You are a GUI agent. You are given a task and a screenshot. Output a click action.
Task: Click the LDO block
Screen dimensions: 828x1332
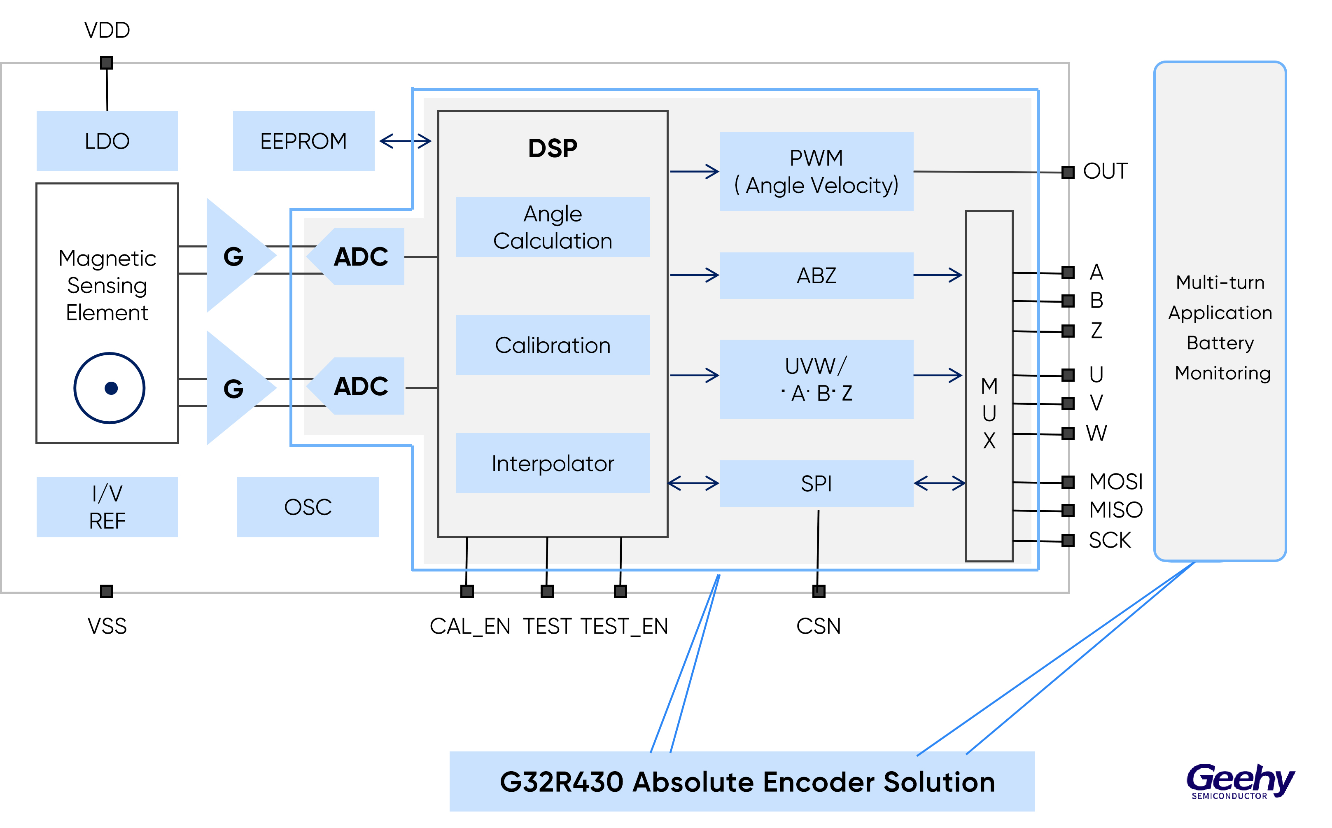click(x=107, y=141)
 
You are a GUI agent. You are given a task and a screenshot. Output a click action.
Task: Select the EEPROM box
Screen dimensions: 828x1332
click(x=303, y=141)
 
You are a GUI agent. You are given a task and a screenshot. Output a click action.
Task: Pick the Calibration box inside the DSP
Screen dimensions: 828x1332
click(x=553, y=345)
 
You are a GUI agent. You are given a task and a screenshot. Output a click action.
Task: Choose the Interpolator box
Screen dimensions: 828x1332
click(x=553, y=463)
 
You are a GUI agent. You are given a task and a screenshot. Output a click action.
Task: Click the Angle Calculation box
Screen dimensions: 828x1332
click(x=553, y=227)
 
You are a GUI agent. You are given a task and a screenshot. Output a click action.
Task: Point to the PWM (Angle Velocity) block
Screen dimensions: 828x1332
click(x=816, y=171)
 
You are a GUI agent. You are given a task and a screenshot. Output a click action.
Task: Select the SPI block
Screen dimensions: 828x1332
click(x=816, y=483)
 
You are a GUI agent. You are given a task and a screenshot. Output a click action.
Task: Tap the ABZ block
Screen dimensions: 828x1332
click(x=816, y=275)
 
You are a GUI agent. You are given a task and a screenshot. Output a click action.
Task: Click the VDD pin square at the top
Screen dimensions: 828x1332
click(x=107, y=63)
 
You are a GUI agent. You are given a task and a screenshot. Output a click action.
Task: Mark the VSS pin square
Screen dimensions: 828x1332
click(x=107, y=591)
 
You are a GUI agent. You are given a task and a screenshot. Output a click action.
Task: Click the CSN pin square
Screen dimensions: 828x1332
click(x=819, y=591)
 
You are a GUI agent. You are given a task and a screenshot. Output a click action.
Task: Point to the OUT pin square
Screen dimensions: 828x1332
click(x=1068, y=173)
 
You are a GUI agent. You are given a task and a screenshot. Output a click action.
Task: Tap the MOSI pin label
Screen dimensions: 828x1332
click(x=1116, y=482)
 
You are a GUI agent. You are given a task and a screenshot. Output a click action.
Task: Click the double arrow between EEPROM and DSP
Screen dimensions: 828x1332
click(x=405, y=141)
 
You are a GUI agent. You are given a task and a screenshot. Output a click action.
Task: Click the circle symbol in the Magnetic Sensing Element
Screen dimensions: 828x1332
click(x=110, y=388)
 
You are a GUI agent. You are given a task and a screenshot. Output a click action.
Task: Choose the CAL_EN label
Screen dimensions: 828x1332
click(x=470, y=626)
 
